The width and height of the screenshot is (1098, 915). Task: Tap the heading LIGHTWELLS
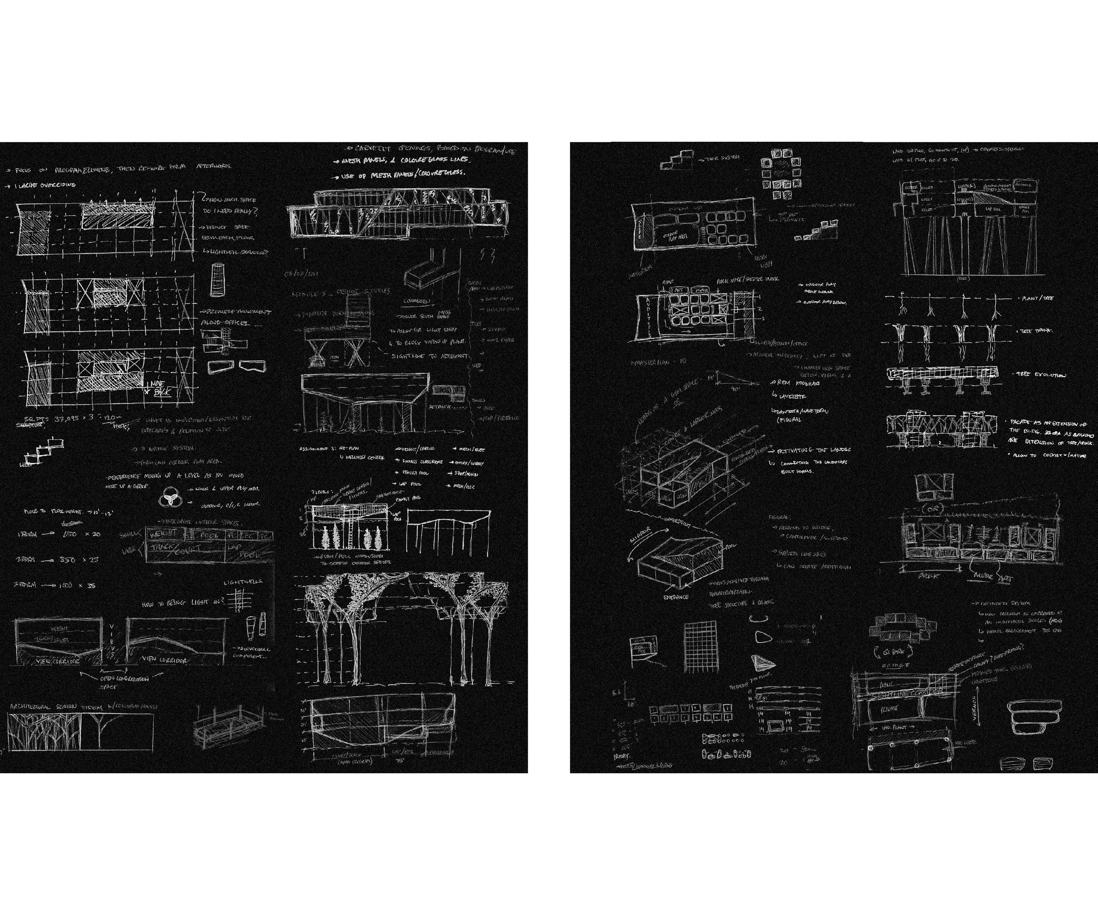click(x=243, y=582)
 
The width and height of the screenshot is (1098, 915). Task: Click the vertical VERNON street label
click(x=976, y=708)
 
